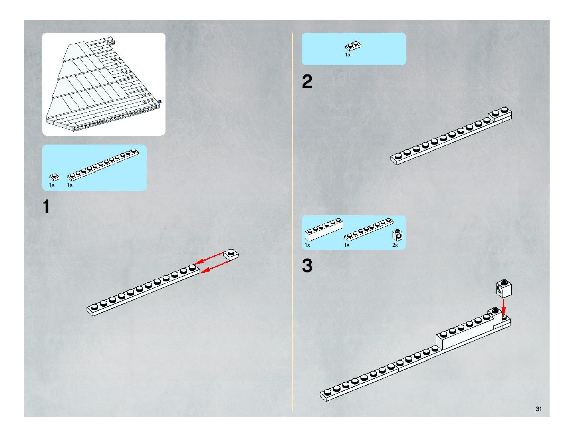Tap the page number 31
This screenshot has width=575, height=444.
pyautogui.click(x=538, y=409)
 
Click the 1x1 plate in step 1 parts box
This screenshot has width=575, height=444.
pyautogui.click(x=54, y=177)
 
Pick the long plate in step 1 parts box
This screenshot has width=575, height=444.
pyautogui.click(x=103, y=165)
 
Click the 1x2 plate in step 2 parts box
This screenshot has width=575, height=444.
pyautogui.click(x=353, y=46)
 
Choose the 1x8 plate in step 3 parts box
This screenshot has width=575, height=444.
pyautogui.click(x=369, y=229)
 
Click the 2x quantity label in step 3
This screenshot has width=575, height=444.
pyautogui.click(x=395, y=245)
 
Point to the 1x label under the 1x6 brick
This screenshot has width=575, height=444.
pyautogui.click(x=307, y=245)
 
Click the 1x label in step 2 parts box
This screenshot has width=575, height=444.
pyautogui.click(x=348, y=55)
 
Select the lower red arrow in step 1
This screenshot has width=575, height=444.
pyautogui.click(x=215, y=267)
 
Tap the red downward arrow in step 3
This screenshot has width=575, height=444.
pyautogui.click(x=504, y=308)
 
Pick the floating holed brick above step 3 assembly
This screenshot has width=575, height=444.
pyautogui.click(x=504, y=288)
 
